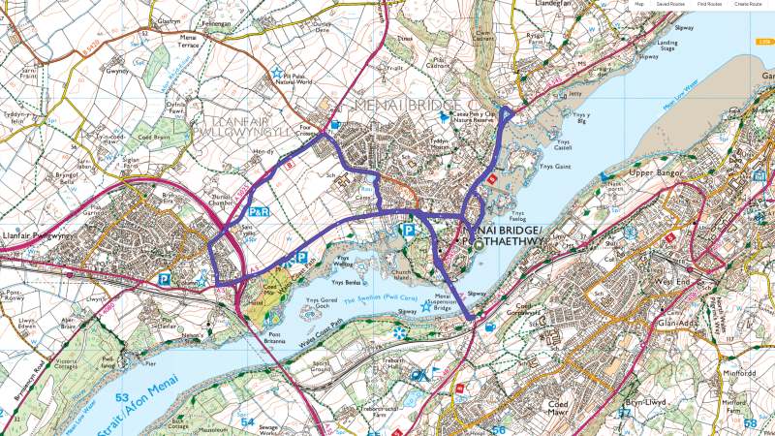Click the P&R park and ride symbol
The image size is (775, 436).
point(259,210)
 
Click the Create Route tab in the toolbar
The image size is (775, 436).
point(748,5)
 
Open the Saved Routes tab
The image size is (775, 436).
point(670,5)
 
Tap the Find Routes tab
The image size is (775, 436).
point(709,5)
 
